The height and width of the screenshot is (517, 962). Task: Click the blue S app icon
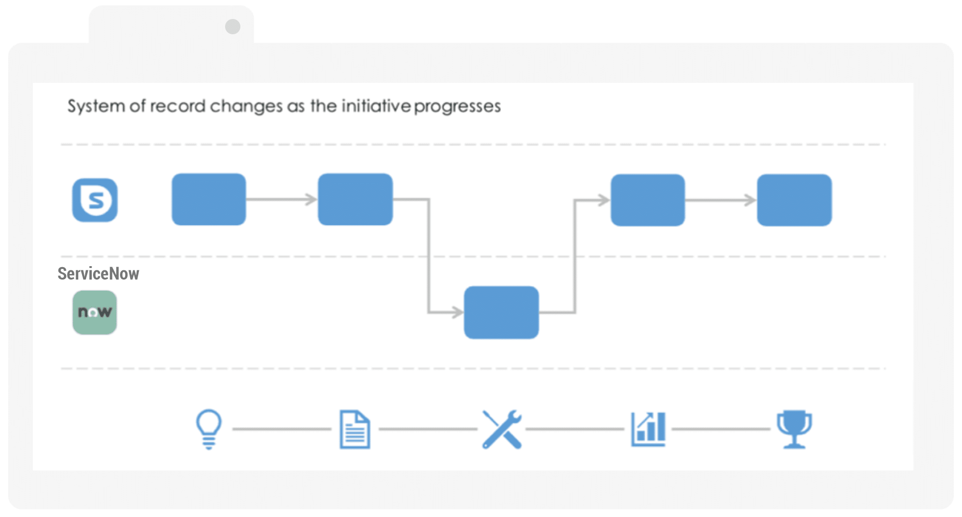pos(95,200)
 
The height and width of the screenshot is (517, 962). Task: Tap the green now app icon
pos(94,312)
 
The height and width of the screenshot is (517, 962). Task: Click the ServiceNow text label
pos(98,274)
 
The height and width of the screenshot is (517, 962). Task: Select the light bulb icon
pos(209,429)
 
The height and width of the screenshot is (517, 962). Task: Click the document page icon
pos(355,429)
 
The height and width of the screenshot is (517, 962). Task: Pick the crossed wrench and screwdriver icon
pos(502,429)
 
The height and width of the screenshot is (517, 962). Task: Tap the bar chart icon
pos(648,429)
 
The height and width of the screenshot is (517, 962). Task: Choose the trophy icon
pos(794,429)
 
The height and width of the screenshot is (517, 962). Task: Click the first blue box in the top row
pos(209,199)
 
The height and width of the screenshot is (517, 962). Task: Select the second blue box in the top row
pos(355,199)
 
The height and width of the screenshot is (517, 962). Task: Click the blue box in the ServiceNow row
pos(502,312)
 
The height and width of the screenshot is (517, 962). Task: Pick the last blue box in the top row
pos(794,200)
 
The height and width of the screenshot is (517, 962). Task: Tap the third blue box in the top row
pos(648,200)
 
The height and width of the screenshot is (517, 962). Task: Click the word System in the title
pos(96,106)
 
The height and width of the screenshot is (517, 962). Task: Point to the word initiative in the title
pos(376,106)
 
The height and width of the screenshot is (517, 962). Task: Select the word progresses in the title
pos(458,107)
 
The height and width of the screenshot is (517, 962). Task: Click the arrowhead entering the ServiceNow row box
pos(458,312)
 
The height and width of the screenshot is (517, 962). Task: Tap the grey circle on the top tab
pos(233,26)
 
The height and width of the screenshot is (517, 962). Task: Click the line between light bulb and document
pos(282,429)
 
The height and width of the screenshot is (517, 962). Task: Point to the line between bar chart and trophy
pos(721,429)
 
